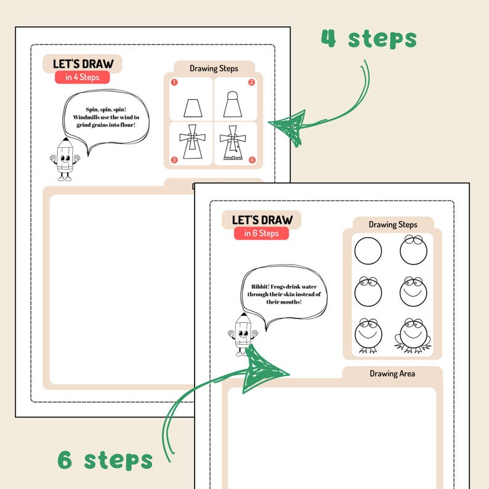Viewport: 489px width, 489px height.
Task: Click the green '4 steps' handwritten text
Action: [368, 39]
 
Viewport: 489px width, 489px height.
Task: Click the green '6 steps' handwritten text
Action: [105, 459]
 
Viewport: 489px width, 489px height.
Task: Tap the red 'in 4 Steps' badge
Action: [82, 77]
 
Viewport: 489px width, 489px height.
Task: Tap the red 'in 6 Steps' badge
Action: [261, 233]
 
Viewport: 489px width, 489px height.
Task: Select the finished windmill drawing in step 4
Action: [232, 144]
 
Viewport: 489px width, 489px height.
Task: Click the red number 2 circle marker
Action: [251, 82]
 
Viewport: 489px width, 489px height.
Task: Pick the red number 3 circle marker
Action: [174, 160]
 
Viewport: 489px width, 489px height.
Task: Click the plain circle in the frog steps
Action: [368, 251]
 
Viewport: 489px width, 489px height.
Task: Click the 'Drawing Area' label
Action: [392, 373]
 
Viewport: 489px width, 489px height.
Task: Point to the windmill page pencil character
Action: [65, 160]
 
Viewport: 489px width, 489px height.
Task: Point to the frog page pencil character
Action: [244, 335]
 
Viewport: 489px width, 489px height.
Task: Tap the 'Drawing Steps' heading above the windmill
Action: [214, 68]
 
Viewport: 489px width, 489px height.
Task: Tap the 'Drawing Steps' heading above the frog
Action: [393, 225]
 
